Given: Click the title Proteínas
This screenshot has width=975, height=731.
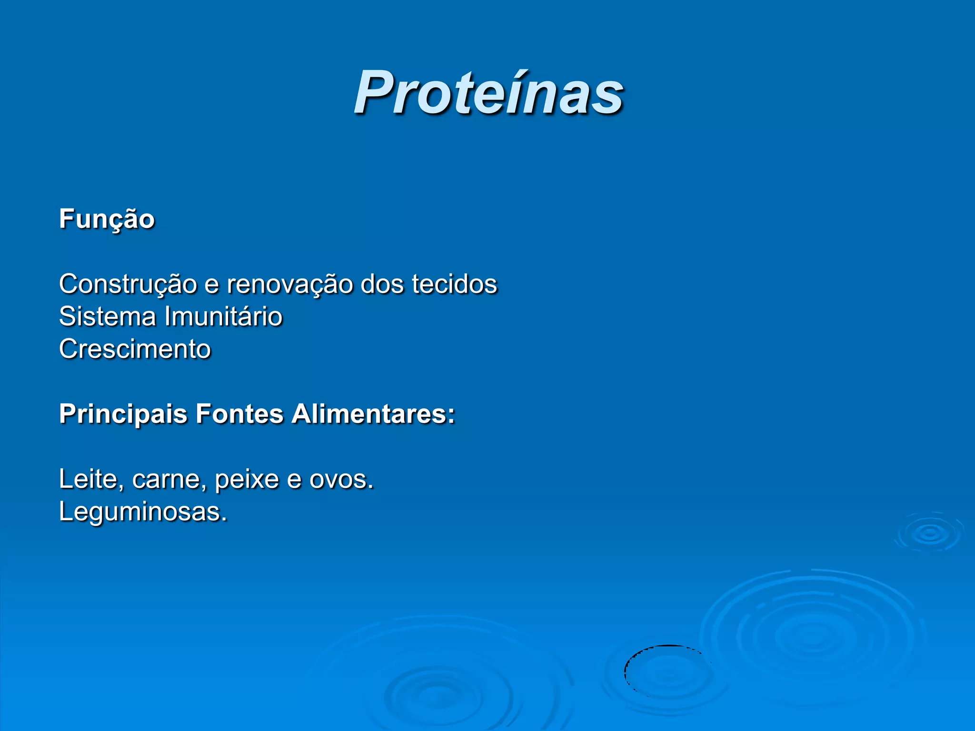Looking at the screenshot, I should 488,93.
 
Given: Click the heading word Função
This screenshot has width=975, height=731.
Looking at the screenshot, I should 107,219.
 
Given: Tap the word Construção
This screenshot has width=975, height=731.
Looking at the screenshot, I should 128,285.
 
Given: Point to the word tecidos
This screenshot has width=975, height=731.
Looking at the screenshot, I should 454,285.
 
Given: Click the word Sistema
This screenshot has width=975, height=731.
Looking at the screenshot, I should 107,317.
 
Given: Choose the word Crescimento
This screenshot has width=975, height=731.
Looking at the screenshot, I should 135,349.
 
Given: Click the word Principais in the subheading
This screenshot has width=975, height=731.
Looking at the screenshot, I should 123,414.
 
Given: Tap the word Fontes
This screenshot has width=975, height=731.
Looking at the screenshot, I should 239,414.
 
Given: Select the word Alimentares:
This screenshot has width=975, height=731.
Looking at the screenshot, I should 373,414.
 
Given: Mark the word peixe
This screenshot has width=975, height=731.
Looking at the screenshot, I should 246,479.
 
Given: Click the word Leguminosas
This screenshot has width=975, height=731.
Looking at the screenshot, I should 142,512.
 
